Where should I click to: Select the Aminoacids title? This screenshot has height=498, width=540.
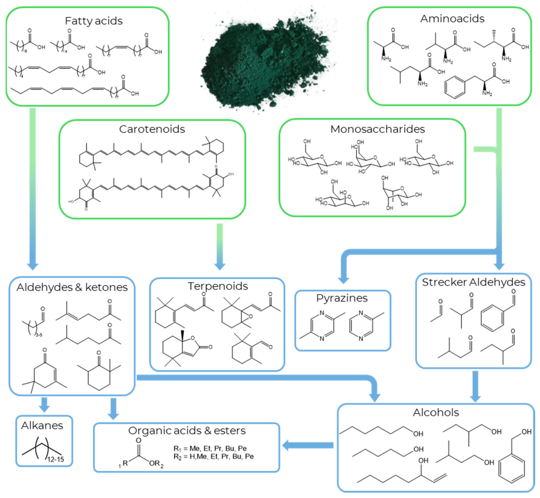(x=452, y=19)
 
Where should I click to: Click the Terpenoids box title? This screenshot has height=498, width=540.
(x=218, y=286)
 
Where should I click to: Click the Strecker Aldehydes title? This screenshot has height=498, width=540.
(x=473, y=282)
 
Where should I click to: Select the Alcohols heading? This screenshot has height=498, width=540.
(x=436, y=412)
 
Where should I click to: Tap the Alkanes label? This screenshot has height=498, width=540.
(x=42, y=425)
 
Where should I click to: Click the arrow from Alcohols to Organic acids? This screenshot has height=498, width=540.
(x=308, y=445)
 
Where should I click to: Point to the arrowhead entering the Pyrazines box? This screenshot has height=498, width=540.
(x=343, y=279)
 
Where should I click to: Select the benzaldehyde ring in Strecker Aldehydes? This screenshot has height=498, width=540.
(x=492, y=318)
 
